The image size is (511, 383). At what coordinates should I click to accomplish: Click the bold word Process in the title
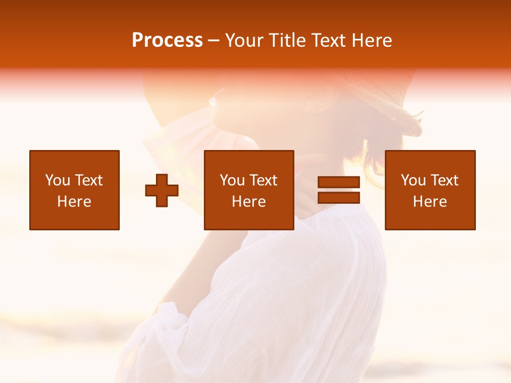click(x=167, y=40)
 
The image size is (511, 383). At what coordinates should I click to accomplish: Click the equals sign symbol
click(x=339, y=190)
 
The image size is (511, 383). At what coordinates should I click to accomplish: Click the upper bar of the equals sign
click(x=339, y=182)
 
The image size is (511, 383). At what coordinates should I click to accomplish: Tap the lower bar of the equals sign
click(x=339, y=198)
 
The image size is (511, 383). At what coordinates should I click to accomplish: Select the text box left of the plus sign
click(x=75, y=190)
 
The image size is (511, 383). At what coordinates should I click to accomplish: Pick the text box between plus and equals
click(x=249, y=190)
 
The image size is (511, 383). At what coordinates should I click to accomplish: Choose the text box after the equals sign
click(x=430, y=190)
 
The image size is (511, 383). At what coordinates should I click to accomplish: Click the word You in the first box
click(x=57, y=180)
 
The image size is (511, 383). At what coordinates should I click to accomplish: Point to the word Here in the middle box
click(x=249, y=202)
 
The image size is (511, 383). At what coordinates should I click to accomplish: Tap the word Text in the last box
click(x=444, y=180)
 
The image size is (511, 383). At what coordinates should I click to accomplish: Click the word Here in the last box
click(x=430, y=202)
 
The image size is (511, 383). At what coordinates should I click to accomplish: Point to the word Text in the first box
click(x=88, y=180)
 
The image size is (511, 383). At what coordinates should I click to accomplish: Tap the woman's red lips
click(x=299, y=168)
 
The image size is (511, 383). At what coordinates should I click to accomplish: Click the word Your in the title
click(x=243, y=40)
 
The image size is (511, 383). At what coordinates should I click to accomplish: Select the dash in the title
click(x=214, y=40)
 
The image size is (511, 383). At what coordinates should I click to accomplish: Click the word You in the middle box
click(x=232, y=180)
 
